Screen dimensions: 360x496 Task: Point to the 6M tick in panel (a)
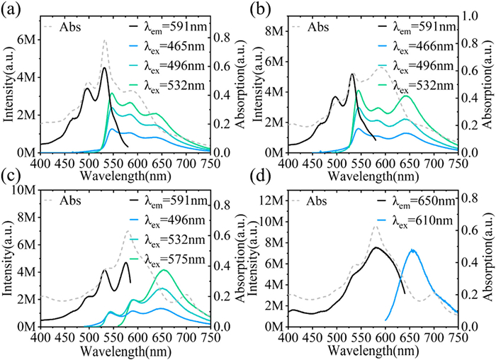26,40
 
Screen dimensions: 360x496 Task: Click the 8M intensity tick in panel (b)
274,29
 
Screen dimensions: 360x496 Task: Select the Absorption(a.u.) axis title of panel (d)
489,266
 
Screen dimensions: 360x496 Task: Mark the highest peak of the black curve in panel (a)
104,68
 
